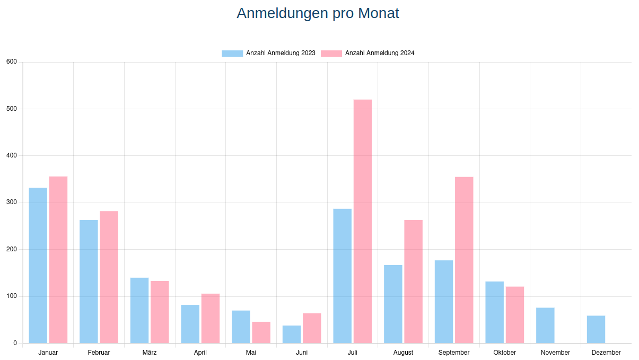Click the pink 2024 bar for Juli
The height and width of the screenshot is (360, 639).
[x=363, y=221]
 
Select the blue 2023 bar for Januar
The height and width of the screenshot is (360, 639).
[x=38, y=265]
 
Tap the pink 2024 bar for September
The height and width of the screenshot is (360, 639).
[x=464, y=260]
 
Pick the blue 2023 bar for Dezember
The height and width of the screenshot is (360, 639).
[x=596, y=329]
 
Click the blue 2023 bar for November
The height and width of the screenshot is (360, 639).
[x=545, y=325]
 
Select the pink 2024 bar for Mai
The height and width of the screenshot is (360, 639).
[x=261, y=332]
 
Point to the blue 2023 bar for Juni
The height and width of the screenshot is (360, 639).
[x=292, y=334]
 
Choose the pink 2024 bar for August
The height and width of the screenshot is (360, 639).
[x=414, y=282]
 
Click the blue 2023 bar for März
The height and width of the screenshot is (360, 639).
[x=139, y=310]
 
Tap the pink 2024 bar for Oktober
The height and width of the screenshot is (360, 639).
[x=515, y=315]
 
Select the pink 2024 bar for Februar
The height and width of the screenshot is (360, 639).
[x=109, y=277]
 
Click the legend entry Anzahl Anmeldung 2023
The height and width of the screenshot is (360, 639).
[x=268, y=53]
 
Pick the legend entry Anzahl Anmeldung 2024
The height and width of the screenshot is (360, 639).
[x=367, y=53]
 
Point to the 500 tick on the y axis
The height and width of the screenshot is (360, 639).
[x=12, y=109]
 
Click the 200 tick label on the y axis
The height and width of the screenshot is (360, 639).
[x=12, y=249]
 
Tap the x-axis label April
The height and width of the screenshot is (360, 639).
[x=200, y=353]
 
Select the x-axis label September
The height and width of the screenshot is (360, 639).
[x=454, y=353]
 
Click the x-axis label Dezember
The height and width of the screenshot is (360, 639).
[x=606, y=353]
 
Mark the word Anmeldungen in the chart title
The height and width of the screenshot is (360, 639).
[x=283, y=13]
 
